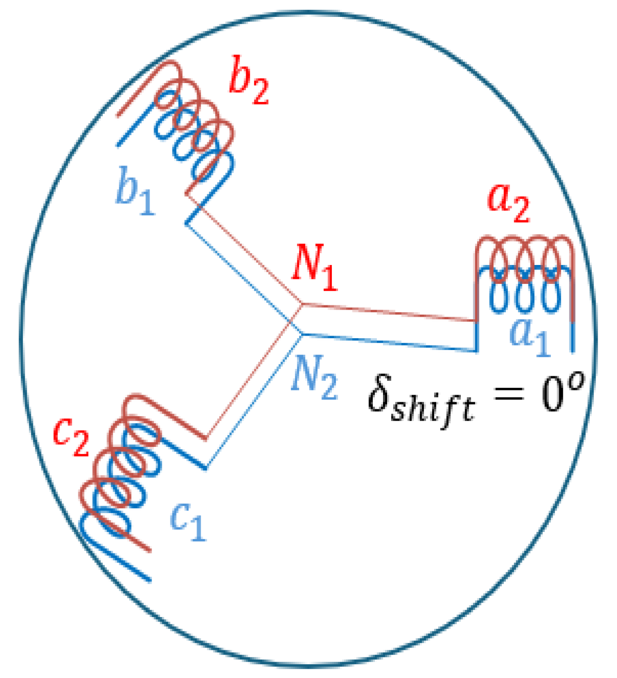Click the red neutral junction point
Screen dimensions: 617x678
click(x=301, y=304)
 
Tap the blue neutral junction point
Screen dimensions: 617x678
click(x=301, y=334)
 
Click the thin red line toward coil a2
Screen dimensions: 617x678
click(x=389, y=312)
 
